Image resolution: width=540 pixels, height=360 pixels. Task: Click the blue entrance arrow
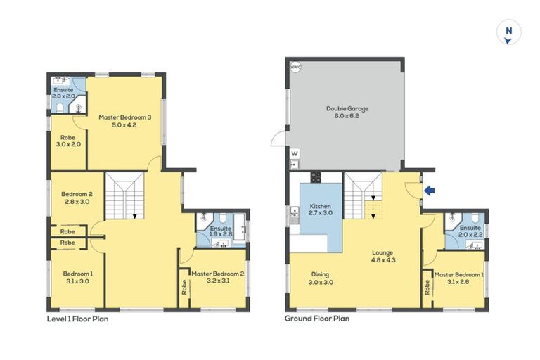tap(430, 190)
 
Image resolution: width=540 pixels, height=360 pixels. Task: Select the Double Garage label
tap(347, 112)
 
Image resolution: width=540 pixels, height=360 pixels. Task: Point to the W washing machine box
tap(294, 153)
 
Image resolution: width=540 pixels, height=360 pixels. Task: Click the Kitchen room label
tap(320, 210)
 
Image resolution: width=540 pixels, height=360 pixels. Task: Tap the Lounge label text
tap(382, 256)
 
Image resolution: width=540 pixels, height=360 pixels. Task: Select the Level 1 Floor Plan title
tap(77, 319)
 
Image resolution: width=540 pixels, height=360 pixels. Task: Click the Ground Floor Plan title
tap(316, 319)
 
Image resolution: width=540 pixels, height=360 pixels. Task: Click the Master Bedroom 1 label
tap(458, 278)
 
